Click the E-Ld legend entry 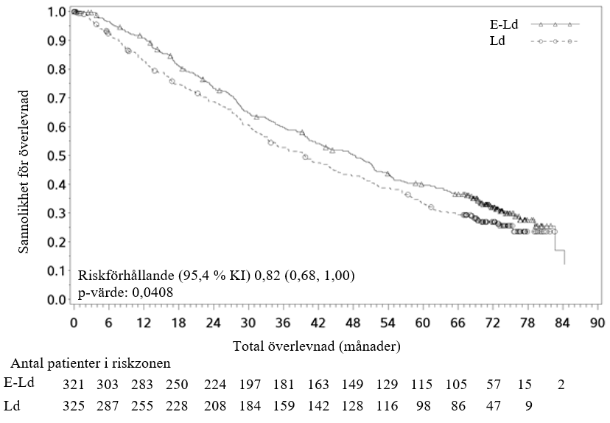[x=504, y=24]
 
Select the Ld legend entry [x=497, y=41]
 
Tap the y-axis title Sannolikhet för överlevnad [x=24, y=172]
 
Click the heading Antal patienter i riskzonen [x=91, y=363]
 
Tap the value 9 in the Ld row [x=528, y=405]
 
